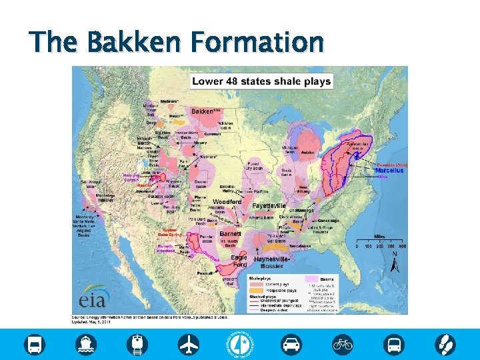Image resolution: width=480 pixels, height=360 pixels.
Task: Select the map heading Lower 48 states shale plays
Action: [x=261, y=81]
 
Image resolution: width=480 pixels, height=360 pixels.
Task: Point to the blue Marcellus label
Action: [x=389, y=171]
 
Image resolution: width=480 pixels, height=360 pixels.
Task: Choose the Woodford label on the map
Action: [x=227, y=201]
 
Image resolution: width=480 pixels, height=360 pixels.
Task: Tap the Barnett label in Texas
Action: [x=230, y=234]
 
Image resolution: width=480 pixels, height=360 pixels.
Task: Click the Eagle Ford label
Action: [x=239, y=261]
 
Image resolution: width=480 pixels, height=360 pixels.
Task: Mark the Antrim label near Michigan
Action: [x=307, y=152]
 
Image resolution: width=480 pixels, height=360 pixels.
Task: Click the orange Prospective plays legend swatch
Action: [x=253, y=290]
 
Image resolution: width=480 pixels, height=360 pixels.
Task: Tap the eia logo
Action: [x=94, y=295]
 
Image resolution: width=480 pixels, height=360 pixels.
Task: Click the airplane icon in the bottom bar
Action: [x=189, y=344]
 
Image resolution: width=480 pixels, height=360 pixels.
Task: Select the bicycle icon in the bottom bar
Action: [x=343, y=344]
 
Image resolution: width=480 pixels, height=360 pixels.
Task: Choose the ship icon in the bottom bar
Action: [x=86, y=344]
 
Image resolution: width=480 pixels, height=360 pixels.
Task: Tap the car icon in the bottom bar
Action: [x=291, y=344]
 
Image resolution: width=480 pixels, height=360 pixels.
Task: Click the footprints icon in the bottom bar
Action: [x=445, y=344]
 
